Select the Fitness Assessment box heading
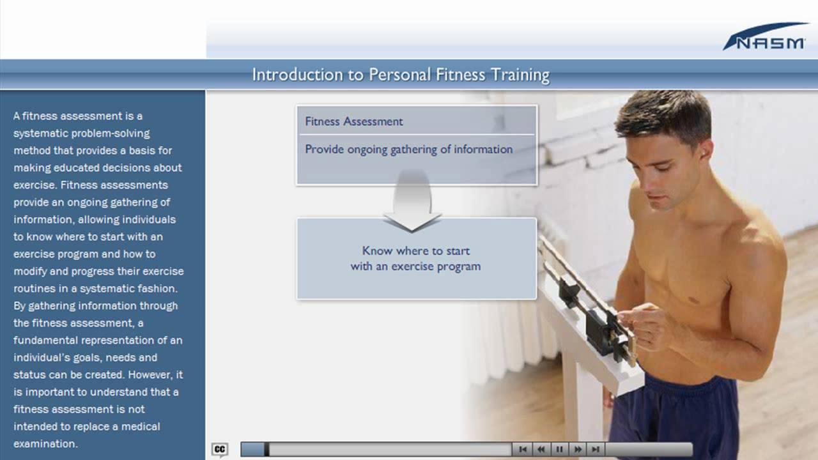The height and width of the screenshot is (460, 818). point(354,121)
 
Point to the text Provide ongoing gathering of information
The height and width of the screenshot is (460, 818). point(408,149)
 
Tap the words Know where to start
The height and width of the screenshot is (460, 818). point(415,251)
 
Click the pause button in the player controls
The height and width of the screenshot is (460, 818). point(559,449)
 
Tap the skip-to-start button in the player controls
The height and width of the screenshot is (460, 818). point(523,449)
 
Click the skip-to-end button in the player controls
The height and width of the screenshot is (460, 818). point(596,449)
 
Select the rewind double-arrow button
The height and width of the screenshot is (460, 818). point(541,449)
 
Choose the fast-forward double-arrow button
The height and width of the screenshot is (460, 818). point(578,449)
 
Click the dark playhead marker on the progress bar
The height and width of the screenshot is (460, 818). point(266,449)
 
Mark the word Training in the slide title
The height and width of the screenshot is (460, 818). point(520,75)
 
